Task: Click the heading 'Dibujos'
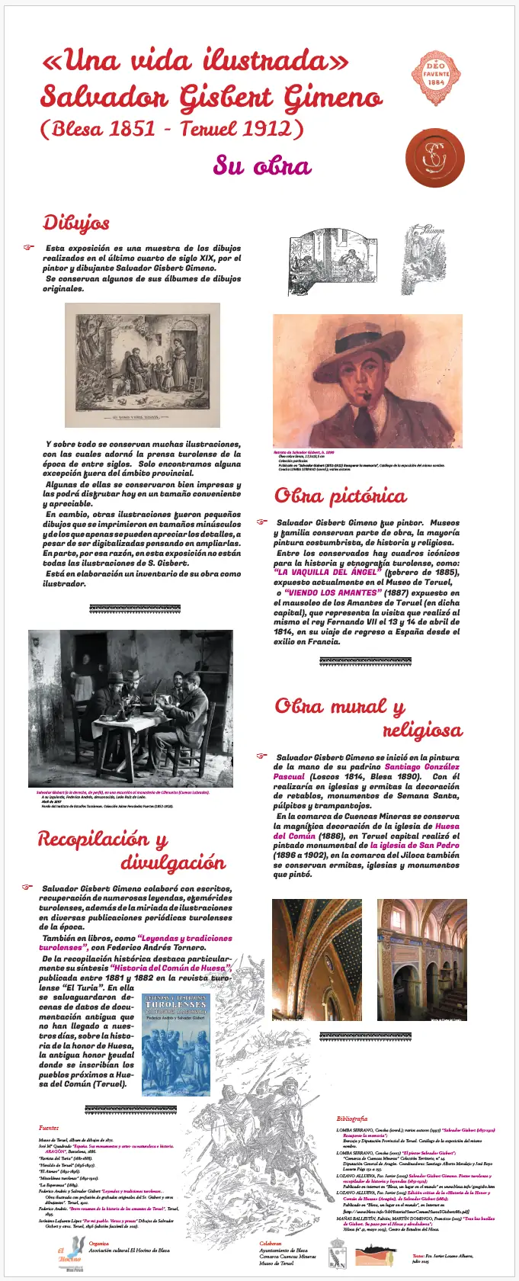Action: click(x=76, y=223)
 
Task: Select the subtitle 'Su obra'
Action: click(x=262, y=165)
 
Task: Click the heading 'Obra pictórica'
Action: click(x=340, y=496)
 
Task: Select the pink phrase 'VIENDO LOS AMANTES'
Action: click(x=332, y=592)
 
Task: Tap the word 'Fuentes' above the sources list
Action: click(x=49, y=1128)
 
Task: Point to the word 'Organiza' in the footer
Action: click(x=99, y=1244)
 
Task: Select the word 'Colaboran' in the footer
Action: click(x=271, y=1244)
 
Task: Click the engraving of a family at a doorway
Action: click(x=142, y=364)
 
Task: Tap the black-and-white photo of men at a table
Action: click(x=130, y=708)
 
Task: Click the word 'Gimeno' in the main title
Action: click(x=332, y=97)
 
